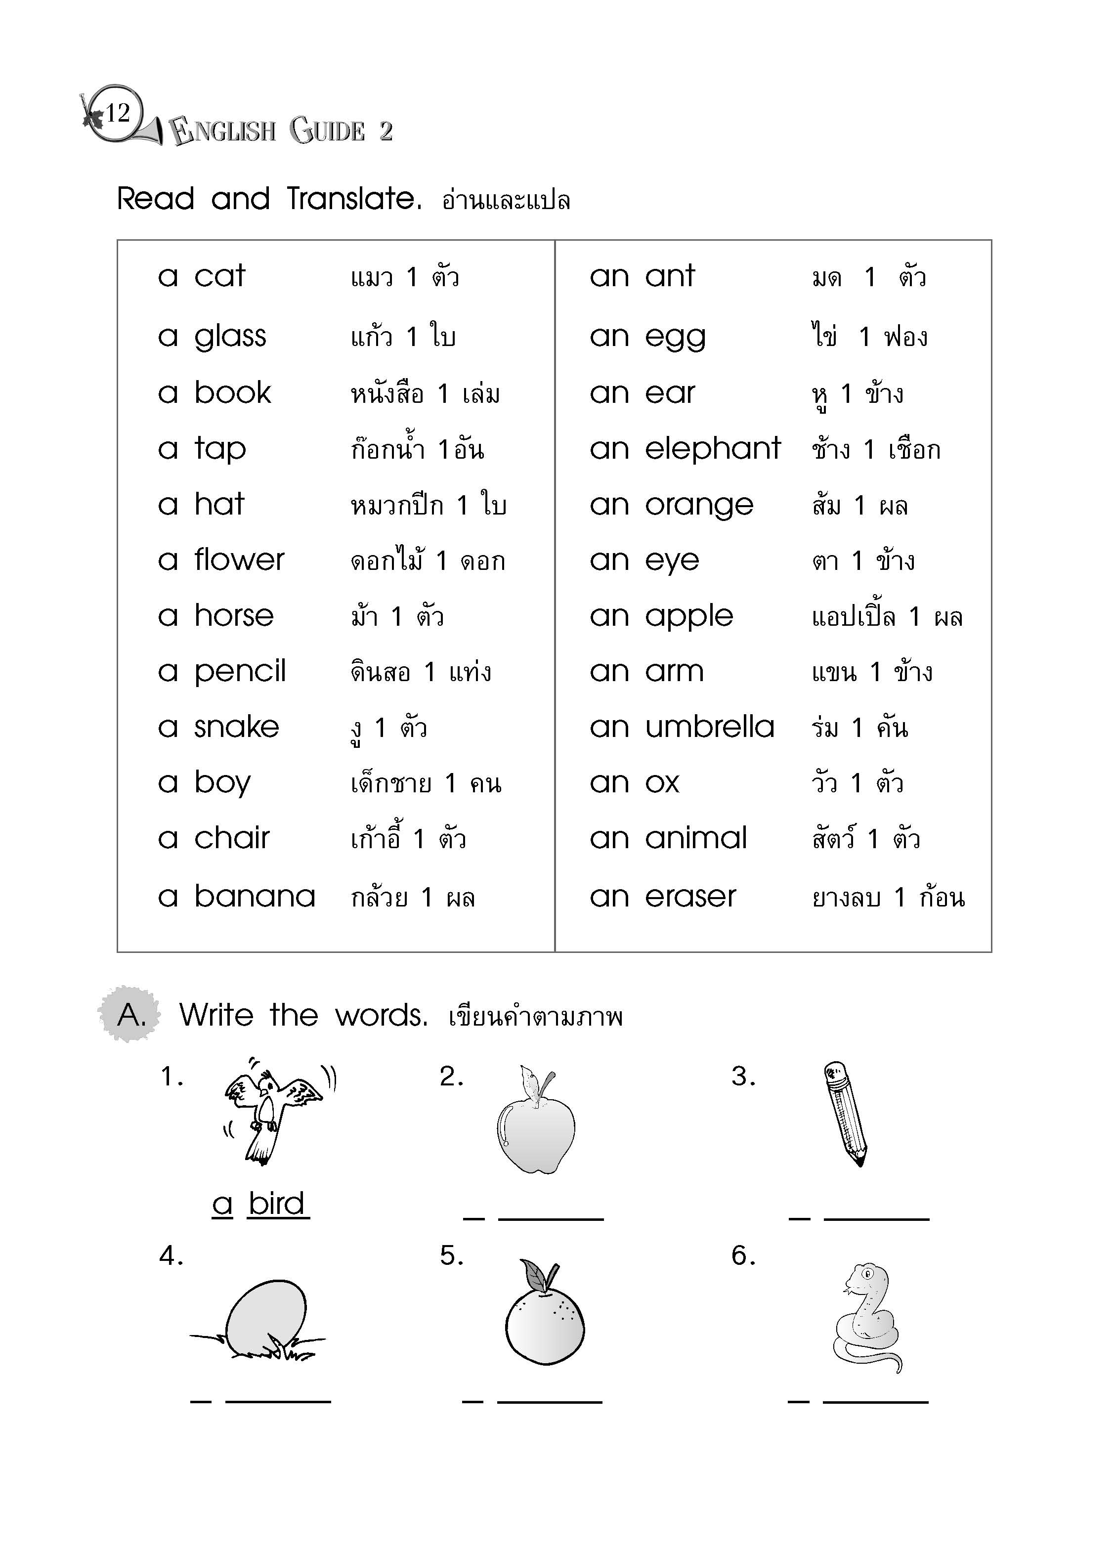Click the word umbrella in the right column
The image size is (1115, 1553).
[710, 727]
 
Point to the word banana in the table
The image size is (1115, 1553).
[255, 896]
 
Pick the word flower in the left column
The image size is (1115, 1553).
[239, 560]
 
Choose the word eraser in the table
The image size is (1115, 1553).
[690, 896]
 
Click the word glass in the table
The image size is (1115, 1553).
[230, 336]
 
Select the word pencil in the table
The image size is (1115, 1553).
[240, 671]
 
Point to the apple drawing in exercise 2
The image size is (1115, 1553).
[536, 1122]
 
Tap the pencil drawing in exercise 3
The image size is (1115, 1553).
[847, 1114]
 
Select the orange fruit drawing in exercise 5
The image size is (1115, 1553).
[545, 1319]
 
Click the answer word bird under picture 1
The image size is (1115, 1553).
[276, 1204]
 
